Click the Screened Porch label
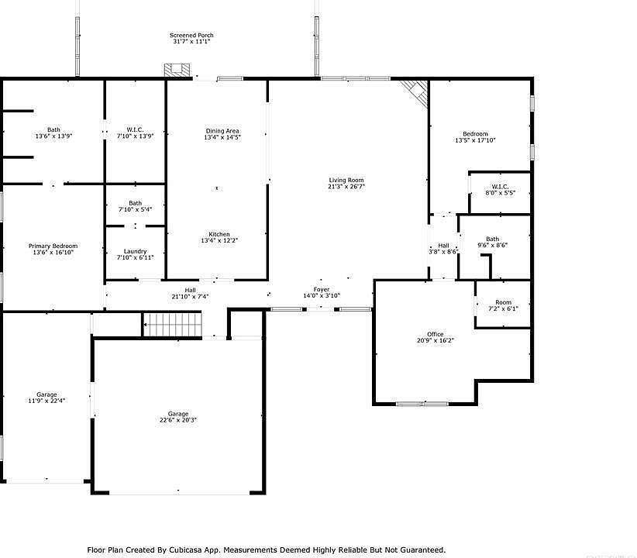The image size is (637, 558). [x=191, y=36]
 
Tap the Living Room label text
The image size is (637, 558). [x=346, y=180]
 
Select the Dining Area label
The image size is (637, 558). [x=222, y=131]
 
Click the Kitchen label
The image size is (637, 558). [x=219, y=235]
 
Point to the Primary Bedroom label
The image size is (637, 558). [x=53, y=246]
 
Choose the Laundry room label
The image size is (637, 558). [x=136, y=251]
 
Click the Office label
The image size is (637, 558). [x=435, y=334]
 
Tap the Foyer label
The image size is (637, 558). [x=321, y=289]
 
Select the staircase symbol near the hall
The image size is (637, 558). [x=172, y=324]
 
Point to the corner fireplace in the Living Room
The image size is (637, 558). [x=416, y=94]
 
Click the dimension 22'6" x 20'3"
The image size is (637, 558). [x=178, y=420]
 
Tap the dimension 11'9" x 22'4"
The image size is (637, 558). [x=46, y=401]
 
